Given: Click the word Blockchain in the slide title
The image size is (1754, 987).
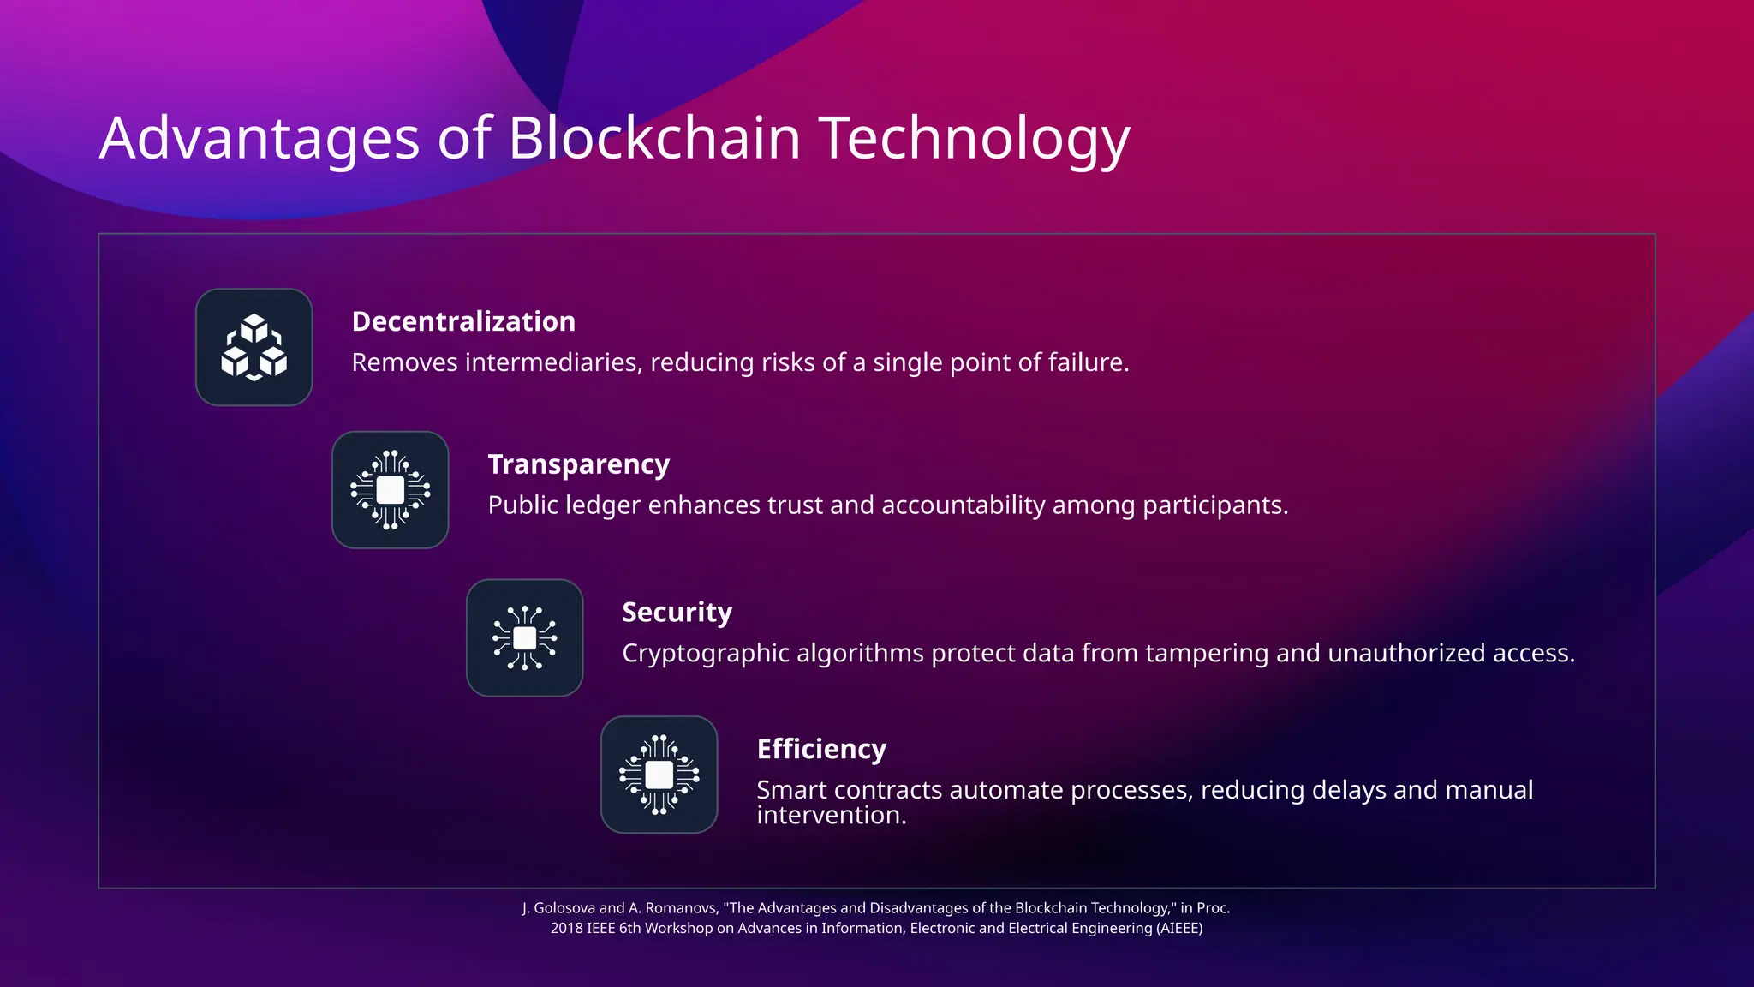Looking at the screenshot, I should (x=654, y=139).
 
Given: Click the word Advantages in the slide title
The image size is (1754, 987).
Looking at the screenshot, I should (x=260, y=139).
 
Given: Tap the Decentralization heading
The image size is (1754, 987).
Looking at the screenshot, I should (x=463, y=321).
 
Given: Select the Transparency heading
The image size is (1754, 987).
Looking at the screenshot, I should (x=578, y=464).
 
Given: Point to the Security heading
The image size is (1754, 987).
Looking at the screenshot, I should (x=677, y=613).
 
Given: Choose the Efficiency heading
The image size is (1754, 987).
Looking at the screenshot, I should (x=821, y=749).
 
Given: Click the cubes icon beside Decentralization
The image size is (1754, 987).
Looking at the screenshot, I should (x=254, y=347).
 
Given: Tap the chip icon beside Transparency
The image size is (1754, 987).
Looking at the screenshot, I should (x=391, y=490).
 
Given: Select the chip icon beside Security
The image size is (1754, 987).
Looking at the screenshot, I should (x=525, y=638).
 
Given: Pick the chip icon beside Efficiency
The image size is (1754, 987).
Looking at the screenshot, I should (x=659, y=775).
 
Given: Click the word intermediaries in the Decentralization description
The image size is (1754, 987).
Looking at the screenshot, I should (x=553, y=362).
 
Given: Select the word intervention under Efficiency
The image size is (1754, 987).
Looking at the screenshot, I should (x=831, y=815).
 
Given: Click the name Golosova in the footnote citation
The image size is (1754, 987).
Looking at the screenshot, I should (x=564, y=908).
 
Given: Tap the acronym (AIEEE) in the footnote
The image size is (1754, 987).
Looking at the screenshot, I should (x=1179, y=929).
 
